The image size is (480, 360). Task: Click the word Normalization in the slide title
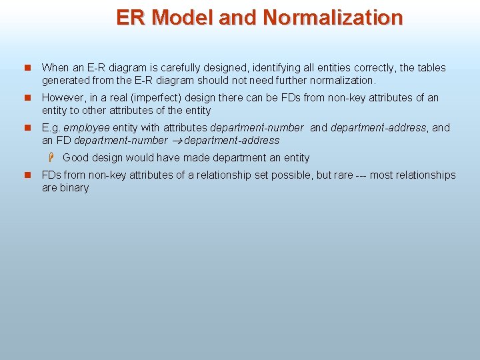point(333,17)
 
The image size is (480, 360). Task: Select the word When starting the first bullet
point(55,67)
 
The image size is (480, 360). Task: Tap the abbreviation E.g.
point(51,127)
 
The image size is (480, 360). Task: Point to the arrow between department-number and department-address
point(176,141)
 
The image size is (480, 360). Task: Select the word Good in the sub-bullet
point(76,158)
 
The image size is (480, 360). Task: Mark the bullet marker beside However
point(27,98)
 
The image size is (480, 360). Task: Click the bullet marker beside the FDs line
point(27,175)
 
